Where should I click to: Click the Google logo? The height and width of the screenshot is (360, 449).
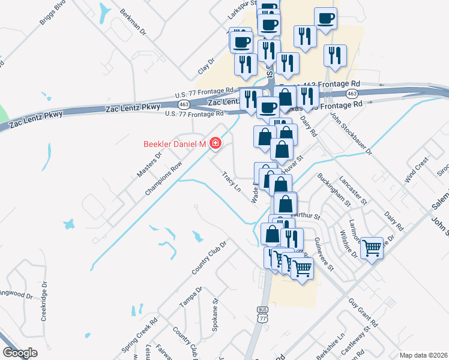coord(20,353)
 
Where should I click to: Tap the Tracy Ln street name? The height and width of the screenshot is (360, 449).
coord(231,182)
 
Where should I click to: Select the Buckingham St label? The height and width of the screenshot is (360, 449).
coord(334,190)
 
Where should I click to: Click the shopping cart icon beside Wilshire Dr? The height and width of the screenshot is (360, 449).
coord(372,246)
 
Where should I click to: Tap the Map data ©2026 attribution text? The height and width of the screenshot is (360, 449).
coord(423,355)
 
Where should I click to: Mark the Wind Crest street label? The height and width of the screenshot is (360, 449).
coord(416,169)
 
